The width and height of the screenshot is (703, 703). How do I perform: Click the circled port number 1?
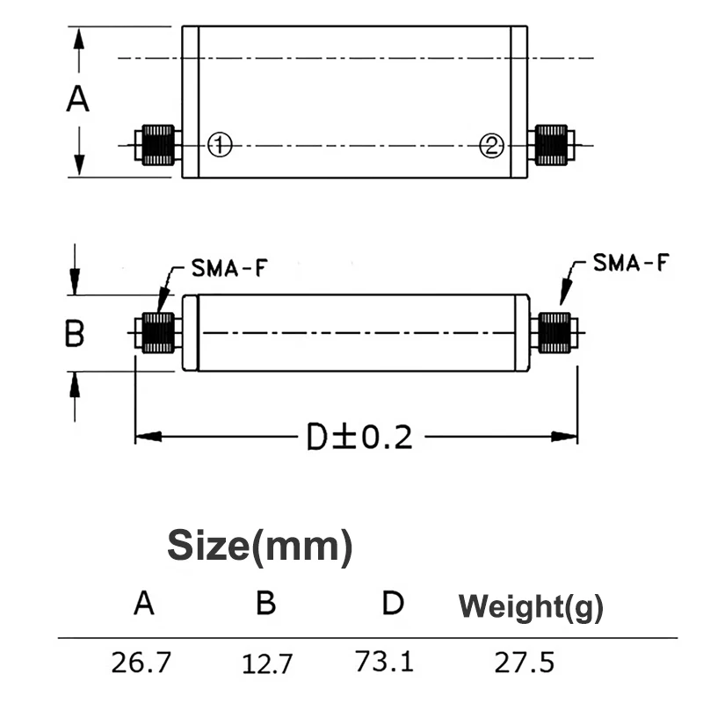click(x=219, y=144)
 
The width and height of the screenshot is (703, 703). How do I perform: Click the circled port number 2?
click(x=491, y=145)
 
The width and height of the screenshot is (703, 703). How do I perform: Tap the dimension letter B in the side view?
click(x=76, y=334)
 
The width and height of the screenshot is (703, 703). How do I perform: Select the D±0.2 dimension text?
click(x=359, y=437)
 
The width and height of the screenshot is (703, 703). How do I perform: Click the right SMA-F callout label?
click(x=630, y=263)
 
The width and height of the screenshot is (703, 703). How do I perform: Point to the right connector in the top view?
click(x=553, y=145)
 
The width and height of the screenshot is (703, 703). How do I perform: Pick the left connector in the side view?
click(x=157, y=334)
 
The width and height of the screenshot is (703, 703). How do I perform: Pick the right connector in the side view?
click(x=554, y=334)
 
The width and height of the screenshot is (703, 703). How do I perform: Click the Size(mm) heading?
click(x=260, y=546)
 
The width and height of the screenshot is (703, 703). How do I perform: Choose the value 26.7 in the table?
click(x=142, y=661)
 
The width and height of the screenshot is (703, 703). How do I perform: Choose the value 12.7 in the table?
click(x=268, y=663)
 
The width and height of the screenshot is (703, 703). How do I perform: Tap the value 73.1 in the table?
click(x=384, y=659)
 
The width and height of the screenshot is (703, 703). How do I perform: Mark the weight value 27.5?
click(x=525, y=661)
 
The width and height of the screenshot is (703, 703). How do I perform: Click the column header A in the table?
click(x=144, y=604)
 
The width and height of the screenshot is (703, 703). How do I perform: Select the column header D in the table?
click(x=393, y=603)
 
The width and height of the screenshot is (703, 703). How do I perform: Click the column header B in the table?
click(x=266, y=604)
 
